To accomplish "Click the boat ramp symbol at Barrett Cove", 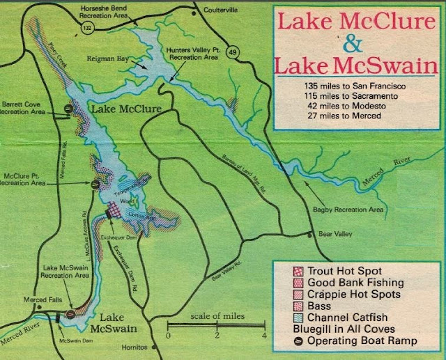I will pyautogui.click(x=68, y=108).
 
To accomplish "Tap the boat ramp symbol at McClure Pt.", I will pyautogui.click(x=95, y=184).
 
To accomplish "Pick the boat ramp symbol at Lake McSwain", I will pyautogui.click(x=70, y=314).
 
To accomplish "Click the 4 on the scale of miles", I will pyautogui.click(x=264, y=335).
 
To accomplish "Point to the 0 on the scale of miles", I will pyautogui.click(x=168, y=335).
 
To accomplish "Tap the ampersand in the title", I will pyautogui.click(x=353, y=45).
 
